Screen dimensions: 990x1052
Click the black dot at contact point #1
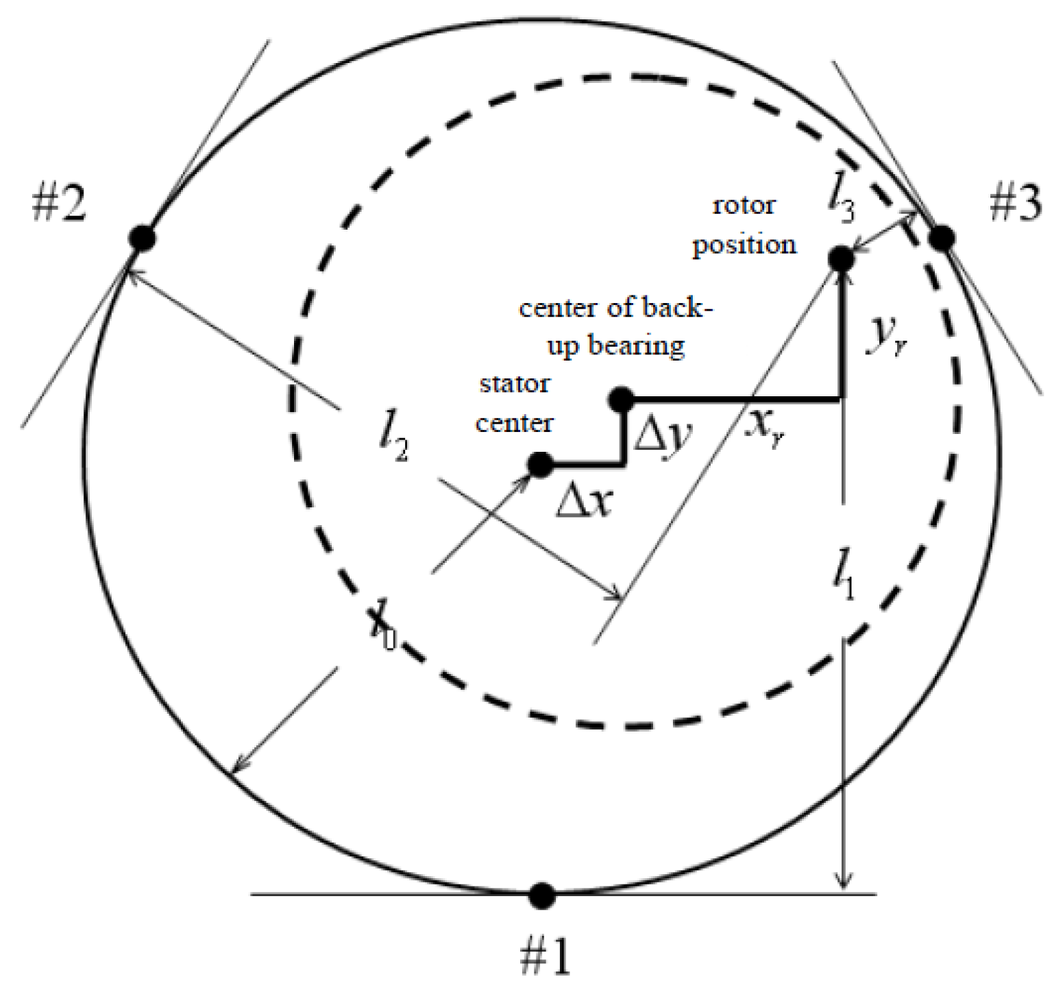tap(542, 894)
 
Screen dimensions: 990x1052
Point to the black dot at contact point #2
tap(142, 238)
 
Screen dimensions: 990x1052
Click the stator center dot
tap(540, 465)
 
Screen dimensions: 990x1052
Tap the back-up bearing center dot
tap(621, 399)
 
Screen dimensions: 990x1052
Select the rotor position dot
tap(841, 258)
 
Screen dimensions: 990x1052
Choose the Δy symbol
tap(663, 435)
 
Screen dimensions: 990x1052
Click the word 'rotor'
tap(744, 205)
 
